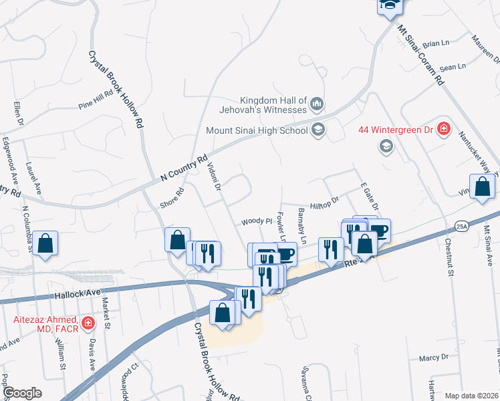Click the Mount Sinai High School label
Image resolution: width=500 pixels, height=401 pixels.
(256, 130)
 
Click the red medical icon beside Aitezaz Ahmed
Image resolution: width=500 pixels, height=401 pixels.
(87, 325)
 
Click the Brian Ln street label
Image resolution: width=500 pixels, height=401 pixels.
(436, 43)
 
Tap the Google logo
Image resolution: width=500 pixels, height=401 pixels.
(22, 393)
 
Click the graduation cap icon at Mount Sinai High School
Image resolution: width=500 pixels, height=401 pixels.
(318, 130)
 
